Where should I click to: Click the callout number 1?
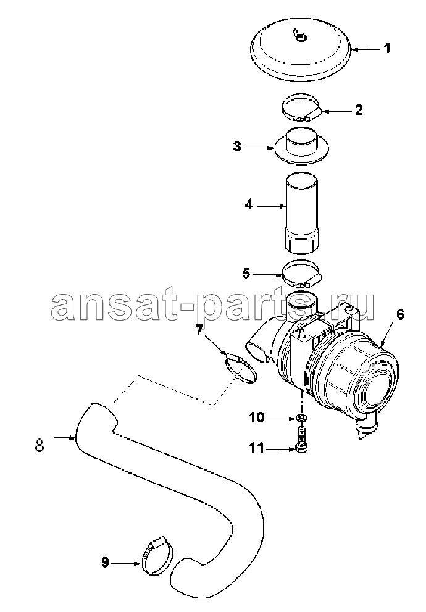point(386,49)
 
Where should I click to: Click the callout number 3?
point(237,147)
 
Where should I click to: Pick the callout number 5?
point(246,273)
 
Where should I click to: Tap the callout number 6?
point(400,315)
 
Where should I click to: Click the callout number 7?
point(199,332)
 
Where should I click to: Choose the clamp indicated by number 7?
point(241,368)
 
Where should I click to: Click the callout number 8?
point(40,445)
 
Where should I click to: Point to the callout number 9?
point(105,563)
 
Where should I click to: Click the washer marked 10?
point(301,418)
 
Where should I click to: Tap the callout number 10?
point(257,418)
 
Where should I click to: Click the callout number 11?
point(257,448)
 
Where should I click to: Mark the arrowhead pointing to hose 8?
point(73,438)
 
